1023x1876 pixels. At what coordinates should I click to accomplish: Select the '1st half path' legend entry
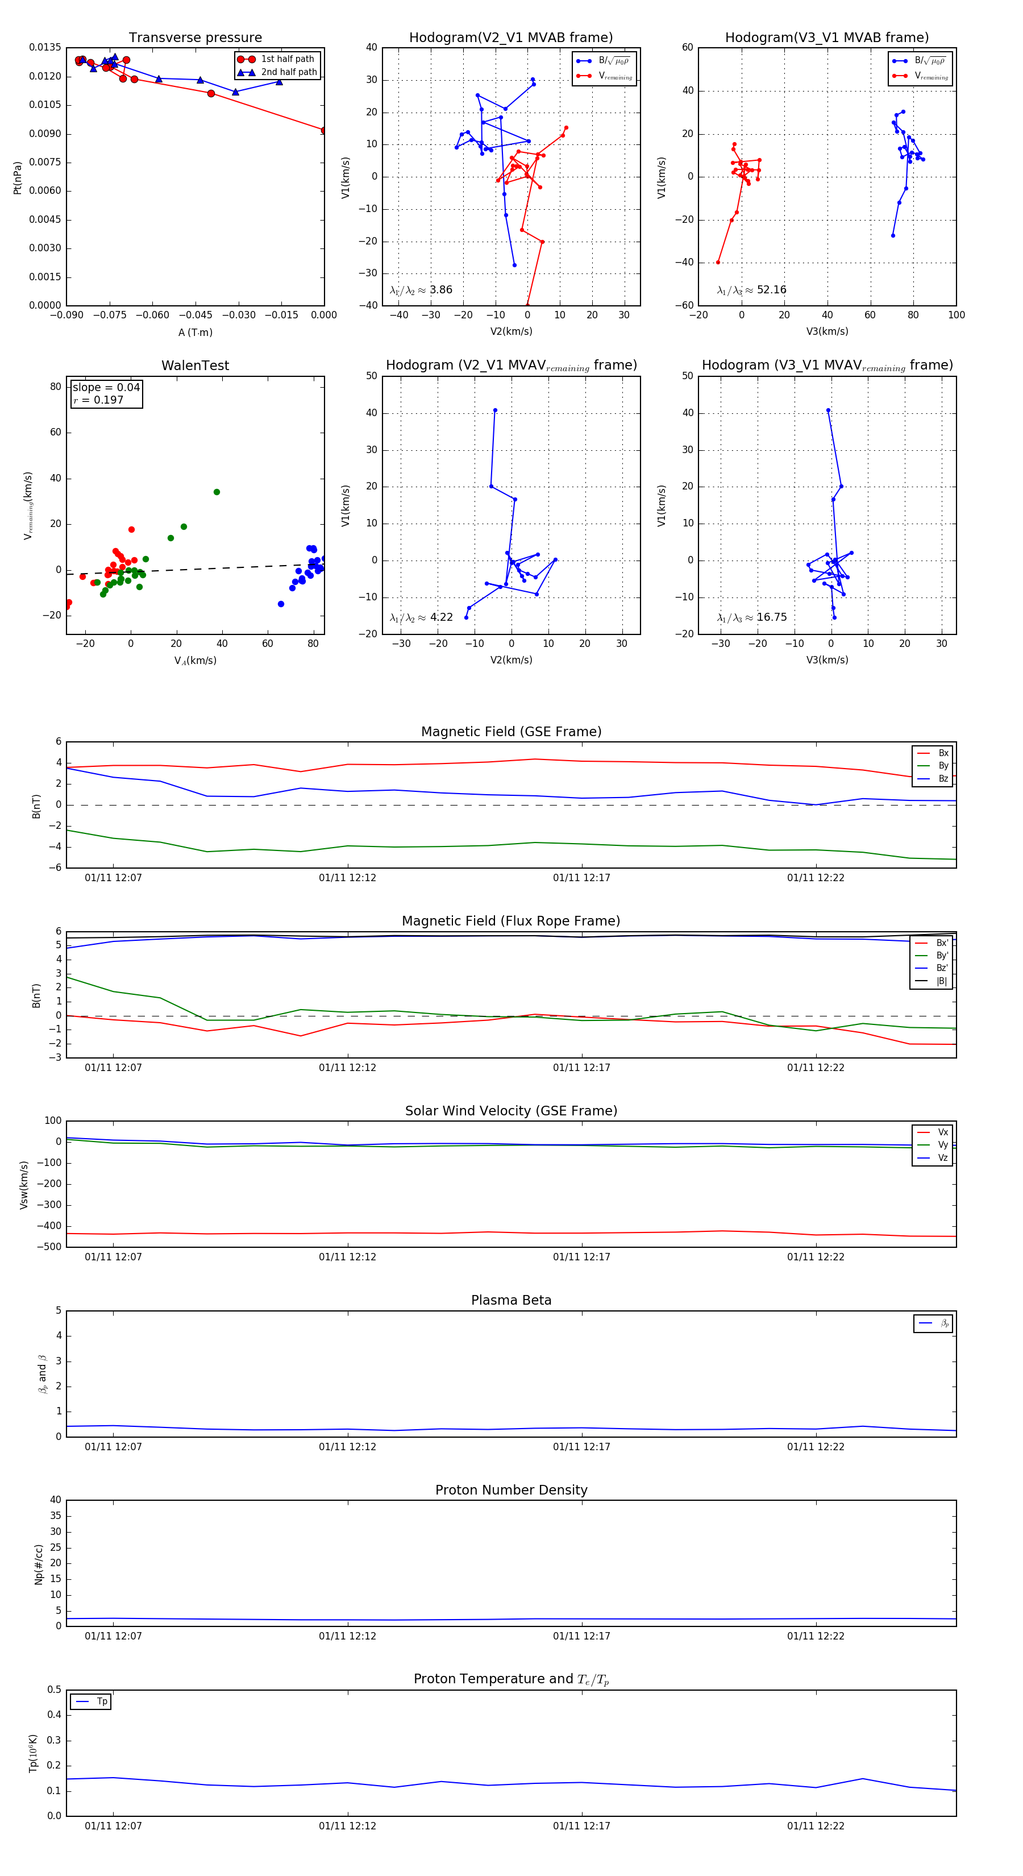287,59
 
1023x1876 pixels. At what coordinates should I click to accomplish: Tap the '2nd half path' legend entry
288,72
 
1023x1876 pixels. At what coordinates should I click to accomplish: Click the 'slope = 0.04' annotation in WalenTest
106,388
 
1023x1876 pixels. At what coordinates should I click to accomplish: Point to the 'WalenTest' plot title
195,366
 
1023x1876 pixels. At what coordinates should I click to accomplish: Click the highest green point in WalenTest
216,492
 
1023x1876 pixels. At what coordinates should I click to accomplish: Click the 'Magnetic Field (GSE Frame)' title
511,732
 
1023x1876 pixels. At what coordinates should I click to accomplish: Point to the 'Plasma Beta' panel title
511,1301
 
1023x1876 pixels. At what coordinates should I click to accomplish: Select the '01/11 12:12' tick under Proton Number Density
347,1637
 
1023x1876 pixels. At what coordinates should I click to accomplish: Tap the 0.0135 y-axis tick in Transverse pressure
45,48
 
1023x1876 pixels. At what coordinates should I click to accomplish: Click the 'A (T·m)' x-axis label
195,333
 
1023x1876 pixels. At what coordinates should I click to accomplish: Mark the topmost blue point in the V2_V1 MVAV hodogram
495,411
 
